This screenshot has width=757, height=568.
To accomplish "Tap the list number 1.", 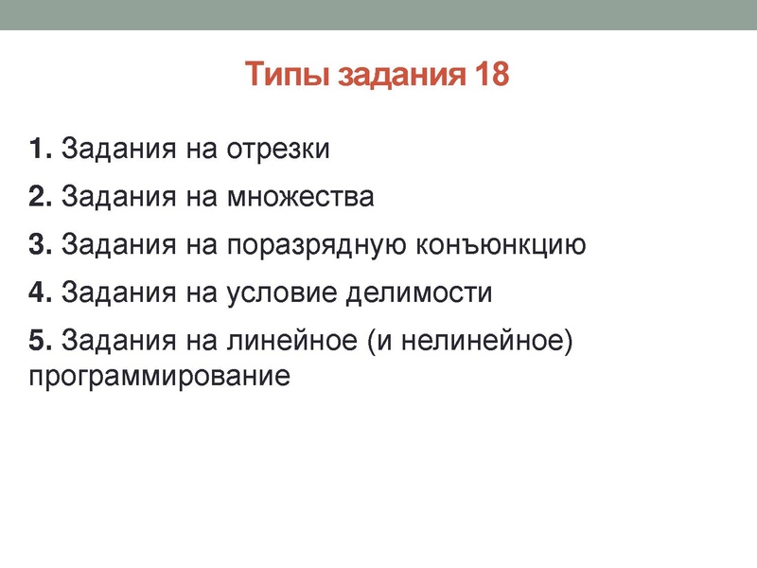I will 38,150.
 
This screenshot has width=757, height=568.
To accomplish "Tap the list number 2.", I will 38,197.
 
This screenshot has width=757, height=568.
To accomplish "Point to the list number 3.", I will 38,244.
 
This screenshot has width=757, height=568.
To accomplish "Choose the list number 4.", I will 38,292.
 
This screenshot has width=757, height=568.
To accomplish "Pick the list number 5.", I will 38,339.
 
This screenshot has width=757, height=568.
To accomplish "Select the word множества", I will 300,197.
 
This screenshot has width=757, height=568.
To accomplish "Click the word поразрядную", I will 319,246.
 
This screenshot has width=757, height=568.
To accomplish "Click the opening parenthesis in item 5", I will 369,340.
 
